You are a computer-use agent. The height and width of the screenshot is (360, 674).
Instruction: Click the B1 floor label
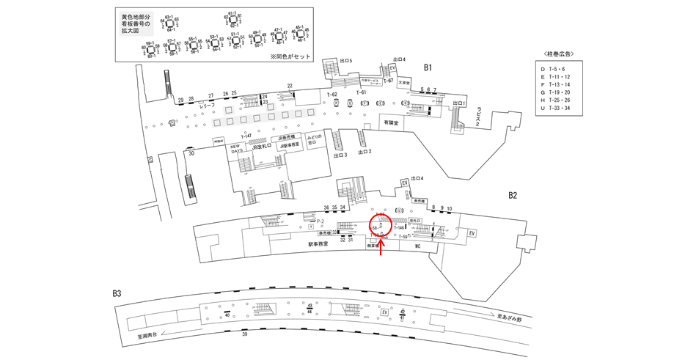[428, 67]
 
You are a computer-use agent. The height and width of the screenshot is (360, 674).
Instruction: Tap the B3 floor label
[117, 294]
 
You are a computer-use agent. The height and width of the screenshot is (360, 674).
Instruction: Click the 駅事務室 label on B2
[320, 244]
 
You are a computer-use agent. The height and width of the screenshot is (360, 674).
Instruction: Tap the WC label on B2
[416, 247]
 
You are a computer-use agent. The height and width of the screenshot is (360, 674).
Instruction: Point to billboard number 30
[191, 153]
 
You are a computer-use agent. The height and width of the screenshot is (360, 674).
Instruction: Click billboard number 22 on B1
[290, 86]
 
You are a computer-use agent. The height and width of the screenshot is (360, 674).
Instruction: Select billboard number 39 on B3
[244, 334]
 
